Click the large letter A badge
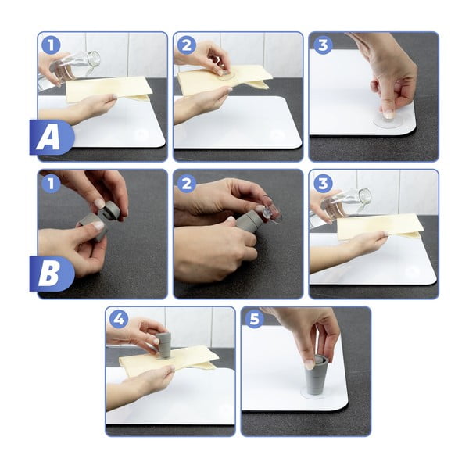(x=52, y=138)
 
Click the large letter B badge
(x=52, y=274)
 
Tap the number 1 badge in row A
(x=51, y=45)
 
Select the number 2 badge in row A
(x=187, y=45)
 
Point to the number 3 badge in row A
(x=323, y=45)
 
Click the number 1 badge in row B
(x=51, y=183)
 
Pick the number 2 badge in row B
(x=187, y=183)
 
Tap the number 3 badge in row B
(x=323, y=183)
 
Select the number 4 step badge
(x=119, y=319)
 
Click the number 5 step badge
(x=255, y=319)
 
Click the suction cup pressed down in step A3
(x=388, y=121)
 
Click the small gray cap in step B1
(x=112, y=210)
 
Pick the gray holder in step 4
(x=163, y=345)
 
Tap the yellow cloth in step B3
(x=379, y=227)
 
